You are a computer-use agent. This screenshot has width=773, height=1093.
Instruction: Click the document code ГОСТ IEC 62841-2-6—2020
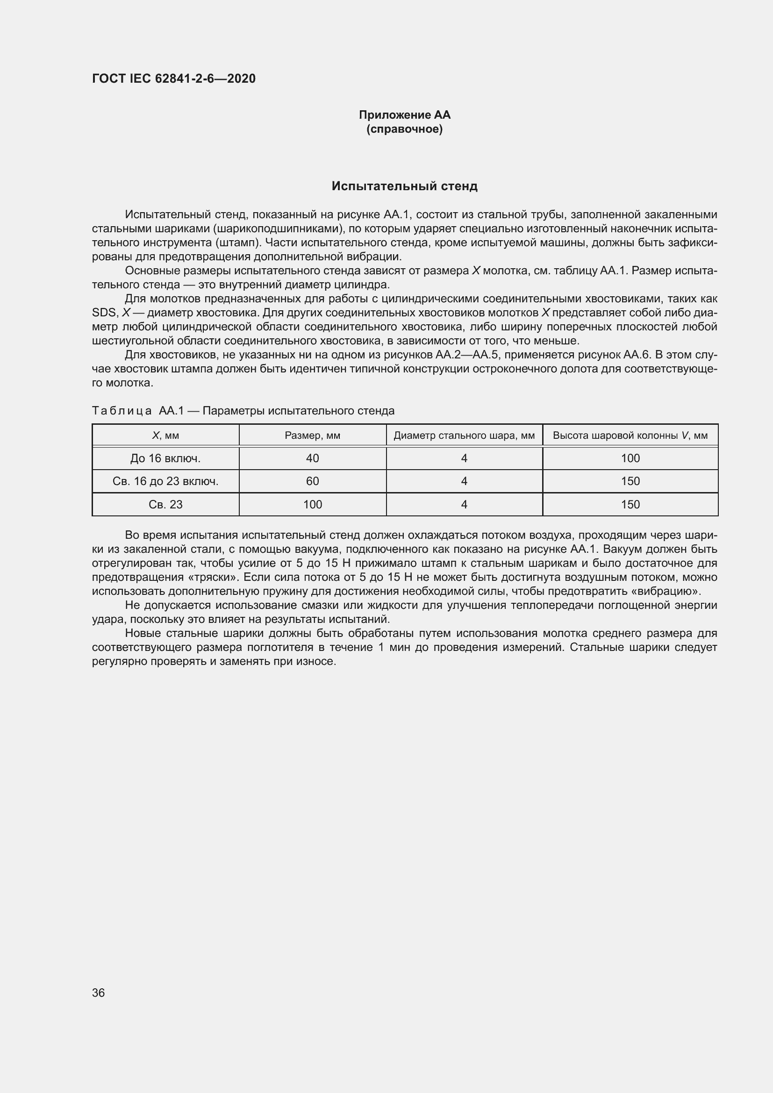174,79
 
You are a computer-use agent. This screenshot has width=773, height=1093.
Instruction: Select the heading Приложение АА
404,115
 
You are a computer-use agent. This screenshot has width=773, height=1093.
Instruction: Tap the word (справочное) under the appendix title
404,129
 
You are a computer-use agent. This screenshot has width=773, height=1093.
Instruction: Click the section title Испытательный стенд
404,186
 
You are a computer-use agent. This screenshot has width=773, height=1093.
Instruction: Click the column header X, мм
165,436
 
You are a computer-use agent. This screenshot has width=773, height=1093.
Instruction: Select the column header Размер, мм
312,436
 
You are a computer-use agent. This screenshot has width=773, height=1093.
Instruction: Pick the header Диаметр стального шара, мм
464,436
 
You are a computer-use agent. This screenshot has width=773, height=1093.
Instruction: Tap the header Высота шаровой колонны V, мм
630,436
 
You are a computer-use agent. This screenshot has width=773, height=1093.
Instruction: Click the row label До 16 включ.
165,458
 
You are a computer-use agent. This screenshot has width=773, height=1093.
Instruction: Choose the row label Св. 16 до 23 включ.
165,481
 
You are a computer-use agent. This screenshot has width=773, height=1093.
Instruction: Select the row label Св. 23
165,505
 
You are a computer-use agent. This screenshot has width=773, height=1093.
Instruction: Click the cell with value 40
312,458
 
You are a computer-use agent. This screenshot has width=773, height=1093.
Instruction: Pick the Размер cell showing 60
312,481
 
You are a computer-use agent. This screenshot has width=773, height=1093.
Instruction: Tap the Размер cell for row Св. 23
312,505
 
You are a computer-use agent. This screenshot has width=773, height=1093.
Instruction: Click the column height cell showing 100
630,458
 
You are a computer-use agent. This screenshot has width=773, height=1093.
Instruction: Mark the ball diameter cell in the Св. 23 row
464,505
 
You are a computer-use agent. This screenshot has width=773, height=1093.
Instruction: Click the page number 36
99,993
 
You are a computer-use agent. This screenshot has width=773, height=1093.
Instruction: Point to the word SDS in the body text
104,313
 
